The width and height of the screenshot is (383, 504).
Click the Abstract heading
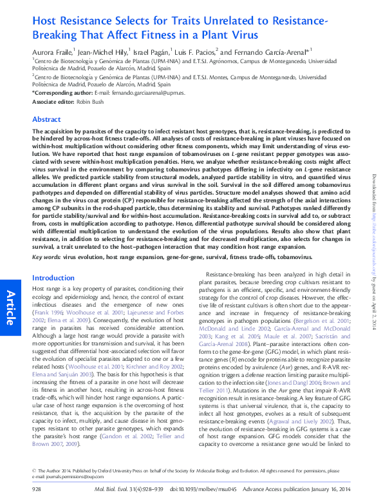[46, 119]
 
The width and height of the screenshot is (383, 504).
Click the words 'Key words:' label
[46, 257]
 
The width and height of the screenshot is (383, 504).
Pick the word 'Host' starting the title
[46, 21]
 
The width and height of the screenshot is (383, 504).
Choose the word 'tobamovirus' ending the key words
[292, 257]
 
